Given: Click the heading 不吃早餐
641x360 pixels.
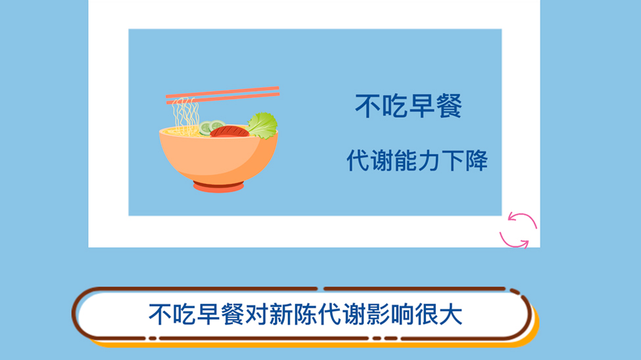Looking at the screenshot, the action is click(x=408, y=106).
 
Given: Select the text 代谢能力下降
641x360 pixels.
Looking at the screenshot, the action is click(x=417, y=160).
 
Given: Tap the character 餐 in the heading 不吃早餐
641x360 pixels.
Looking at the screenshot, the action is click(x=449, y=106).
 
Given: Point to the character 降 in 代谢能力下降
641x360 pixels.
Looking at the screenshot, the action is click(x=476, y=160).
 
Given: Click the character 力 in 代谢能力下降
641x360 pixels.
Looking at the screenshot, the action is click(x=429, y=160).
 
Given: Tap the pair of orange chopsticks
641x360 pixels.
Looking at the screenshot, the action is click(x=222, y=95).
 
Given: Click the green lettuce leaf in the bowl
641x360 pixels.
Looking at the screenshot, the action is click(x=262, y=125).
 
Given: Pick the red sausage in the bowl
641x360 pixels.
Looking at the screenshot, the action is click(x=229, y=131).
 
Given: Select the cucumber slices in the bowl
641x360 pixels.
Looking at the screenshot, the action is click(x=212, y=127).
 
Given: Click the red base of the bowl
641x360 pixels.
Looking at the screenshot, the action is click(x=218, y=187).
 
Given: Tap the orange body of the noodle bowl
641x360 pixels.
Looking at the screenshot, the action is click(x=218, y=157).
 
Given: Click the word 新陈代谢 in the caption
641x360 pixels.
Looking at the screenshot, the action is click(x=318, y=315).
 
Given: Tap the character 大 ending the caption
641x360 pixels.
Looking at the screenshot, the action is click(x=450, y=315).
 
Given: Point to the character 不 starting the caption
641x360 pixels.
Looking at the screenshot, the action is click(x=160, y=315).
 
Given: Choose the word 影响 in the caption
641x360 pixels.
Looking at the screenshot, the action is click(x=390, y=315).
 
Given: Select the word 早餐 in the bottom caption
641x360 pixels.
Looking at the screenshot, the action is click(x=220, y=315).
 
